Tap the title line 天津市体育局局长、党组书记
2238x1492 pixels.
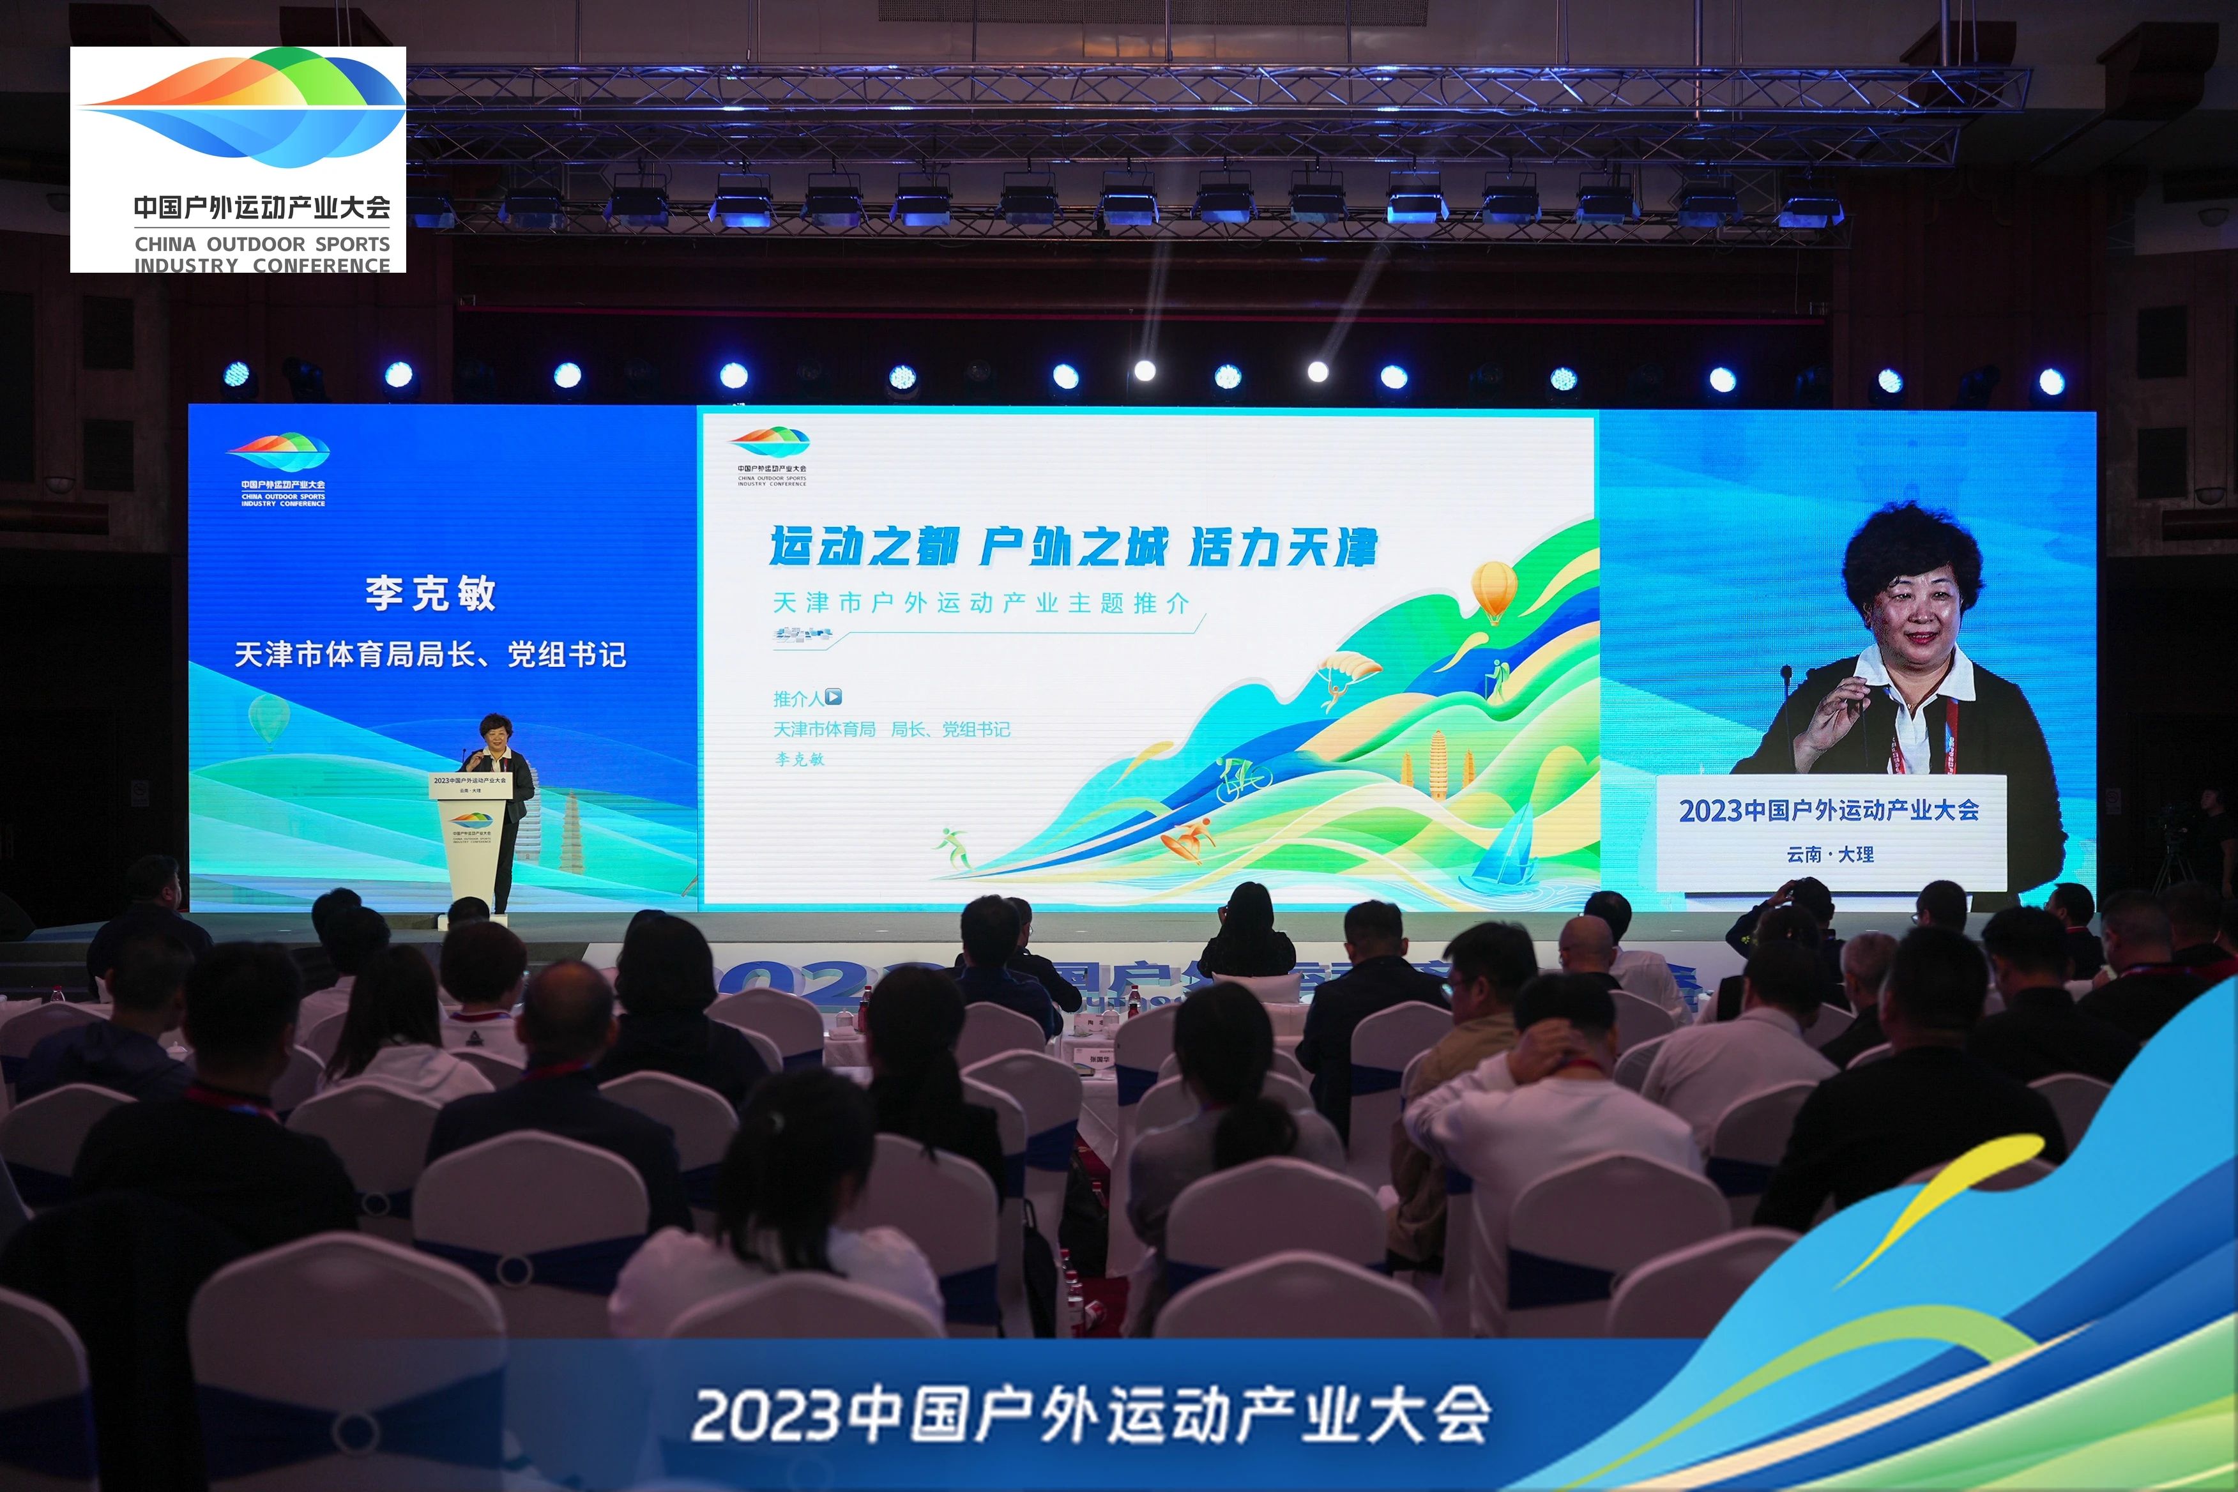(x=430, y=655)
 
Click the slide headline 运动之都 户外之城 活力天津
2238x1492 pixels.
(x=1072, y=547)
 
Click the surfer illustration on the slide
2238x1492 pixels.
(x=1189, y=839)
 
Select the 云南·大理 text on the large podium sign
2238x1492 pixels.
(x=1830, y=853)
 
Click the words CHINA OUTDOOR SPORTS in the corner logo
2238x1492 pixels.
(x=262, y=243)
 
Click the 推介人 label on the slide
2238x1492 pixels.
(x=797, y=699)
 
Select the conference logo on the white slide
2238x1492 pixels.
(x=770, y=455)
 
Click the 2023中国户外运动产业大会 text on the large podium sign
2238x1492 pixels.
(x=1829, y=810)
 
